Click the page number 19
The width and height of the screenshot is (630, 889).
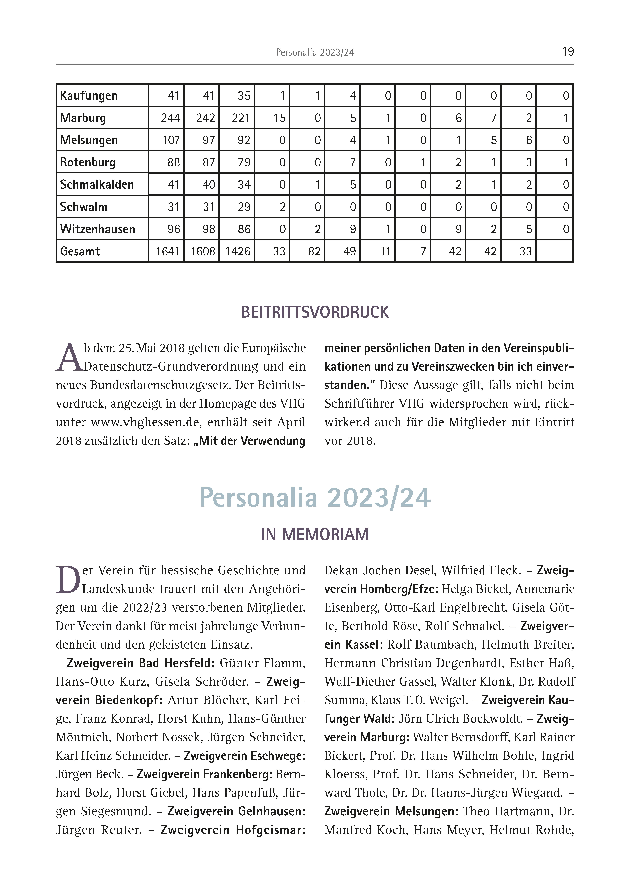568,52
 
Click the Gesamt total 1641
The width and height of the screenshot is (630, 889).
167,251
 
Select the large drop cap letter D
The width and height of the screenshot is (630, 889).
68,580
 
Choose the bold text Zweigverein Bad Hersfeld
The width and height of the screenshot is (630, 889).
140,663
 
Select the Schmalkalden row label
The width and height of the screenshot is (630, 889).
97,185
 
